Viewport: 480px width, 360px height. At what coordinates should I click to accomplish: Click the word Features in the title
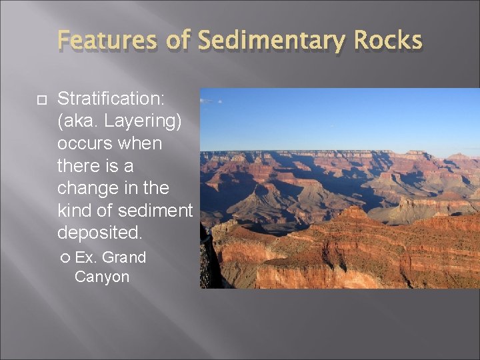(x=107, y=41)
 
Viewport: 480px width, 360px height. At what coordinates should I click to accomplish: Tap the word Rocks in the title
(x=388, y=41)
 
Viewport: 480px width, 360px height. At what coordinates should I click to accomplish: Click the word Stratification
(x=111, y=99)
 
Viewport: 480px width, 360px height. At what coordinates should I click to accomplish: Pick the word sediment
(x=154, y=211)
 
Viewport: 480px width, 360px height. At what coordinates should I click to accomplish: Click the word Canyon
(x=102, y=276)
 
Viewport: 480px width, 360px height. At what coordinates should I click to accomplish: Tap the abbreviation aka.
(x=79, y=122)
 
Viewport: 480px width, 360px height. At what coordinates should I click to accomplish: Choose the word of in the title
(x=179, y=41)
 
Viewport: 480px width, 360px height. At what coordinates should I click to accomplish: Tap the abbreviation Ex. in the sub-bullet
(x=85, y=257)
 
